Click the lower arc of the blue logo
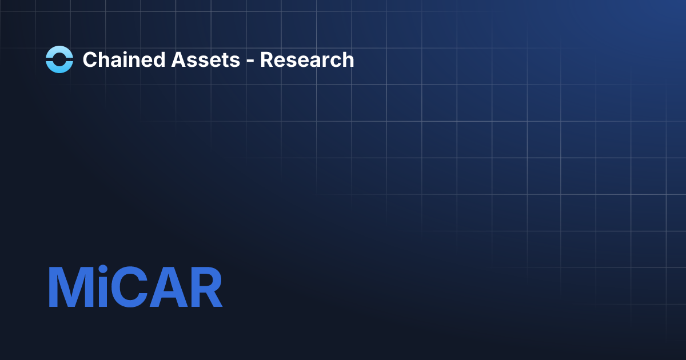coord(59,67)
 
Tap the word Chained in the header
coord(119,59)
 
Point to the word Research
coord(307,59)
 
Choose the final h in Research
coord(348,59)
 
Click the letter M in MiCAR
coord(70,287)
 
